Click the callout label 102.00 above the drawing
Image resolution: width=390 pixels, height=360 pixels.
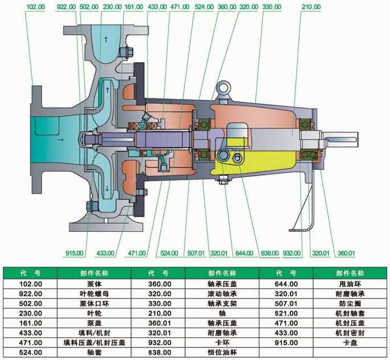(35, 6)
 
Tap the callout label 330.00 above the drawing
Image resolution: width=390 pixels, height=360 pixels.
(272, 6)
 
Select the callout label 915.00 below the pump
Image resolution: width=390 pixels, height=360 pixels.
(75, 253)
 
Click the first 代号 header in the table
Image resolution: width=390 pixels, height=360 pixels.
(31, 273)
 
